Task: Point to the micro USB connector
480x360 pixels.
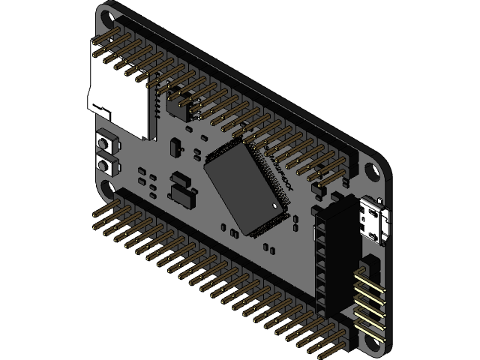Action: pyautogui.click(x=373, y=219)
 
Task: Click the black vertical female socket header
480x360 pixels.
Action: pyautogui.click(x=328, y=255)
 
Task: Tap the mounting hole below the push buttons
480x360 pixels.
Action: pyautogui.click(x=109, y=187)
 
